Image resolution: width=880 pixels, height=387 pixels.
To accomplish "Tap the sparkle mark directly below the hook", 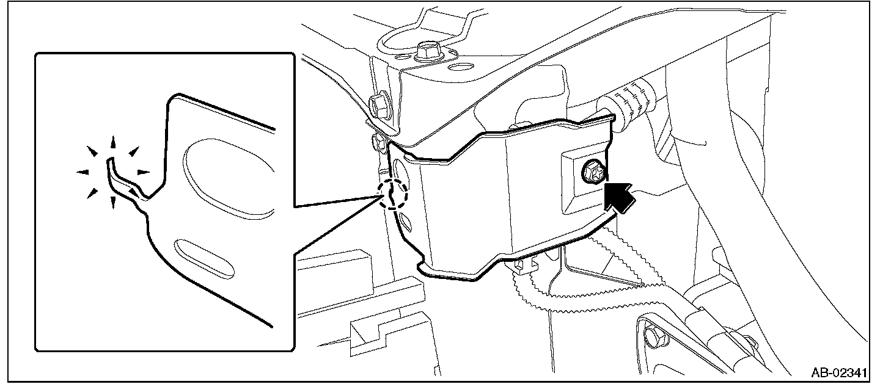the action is click(112, 203).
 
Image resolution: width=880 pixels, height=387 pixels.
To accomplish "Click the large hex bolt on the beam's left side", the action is click(379, 104).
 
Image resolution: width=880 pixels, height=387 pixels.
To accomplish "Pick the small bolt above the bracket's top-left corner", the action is click(377, 142).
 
